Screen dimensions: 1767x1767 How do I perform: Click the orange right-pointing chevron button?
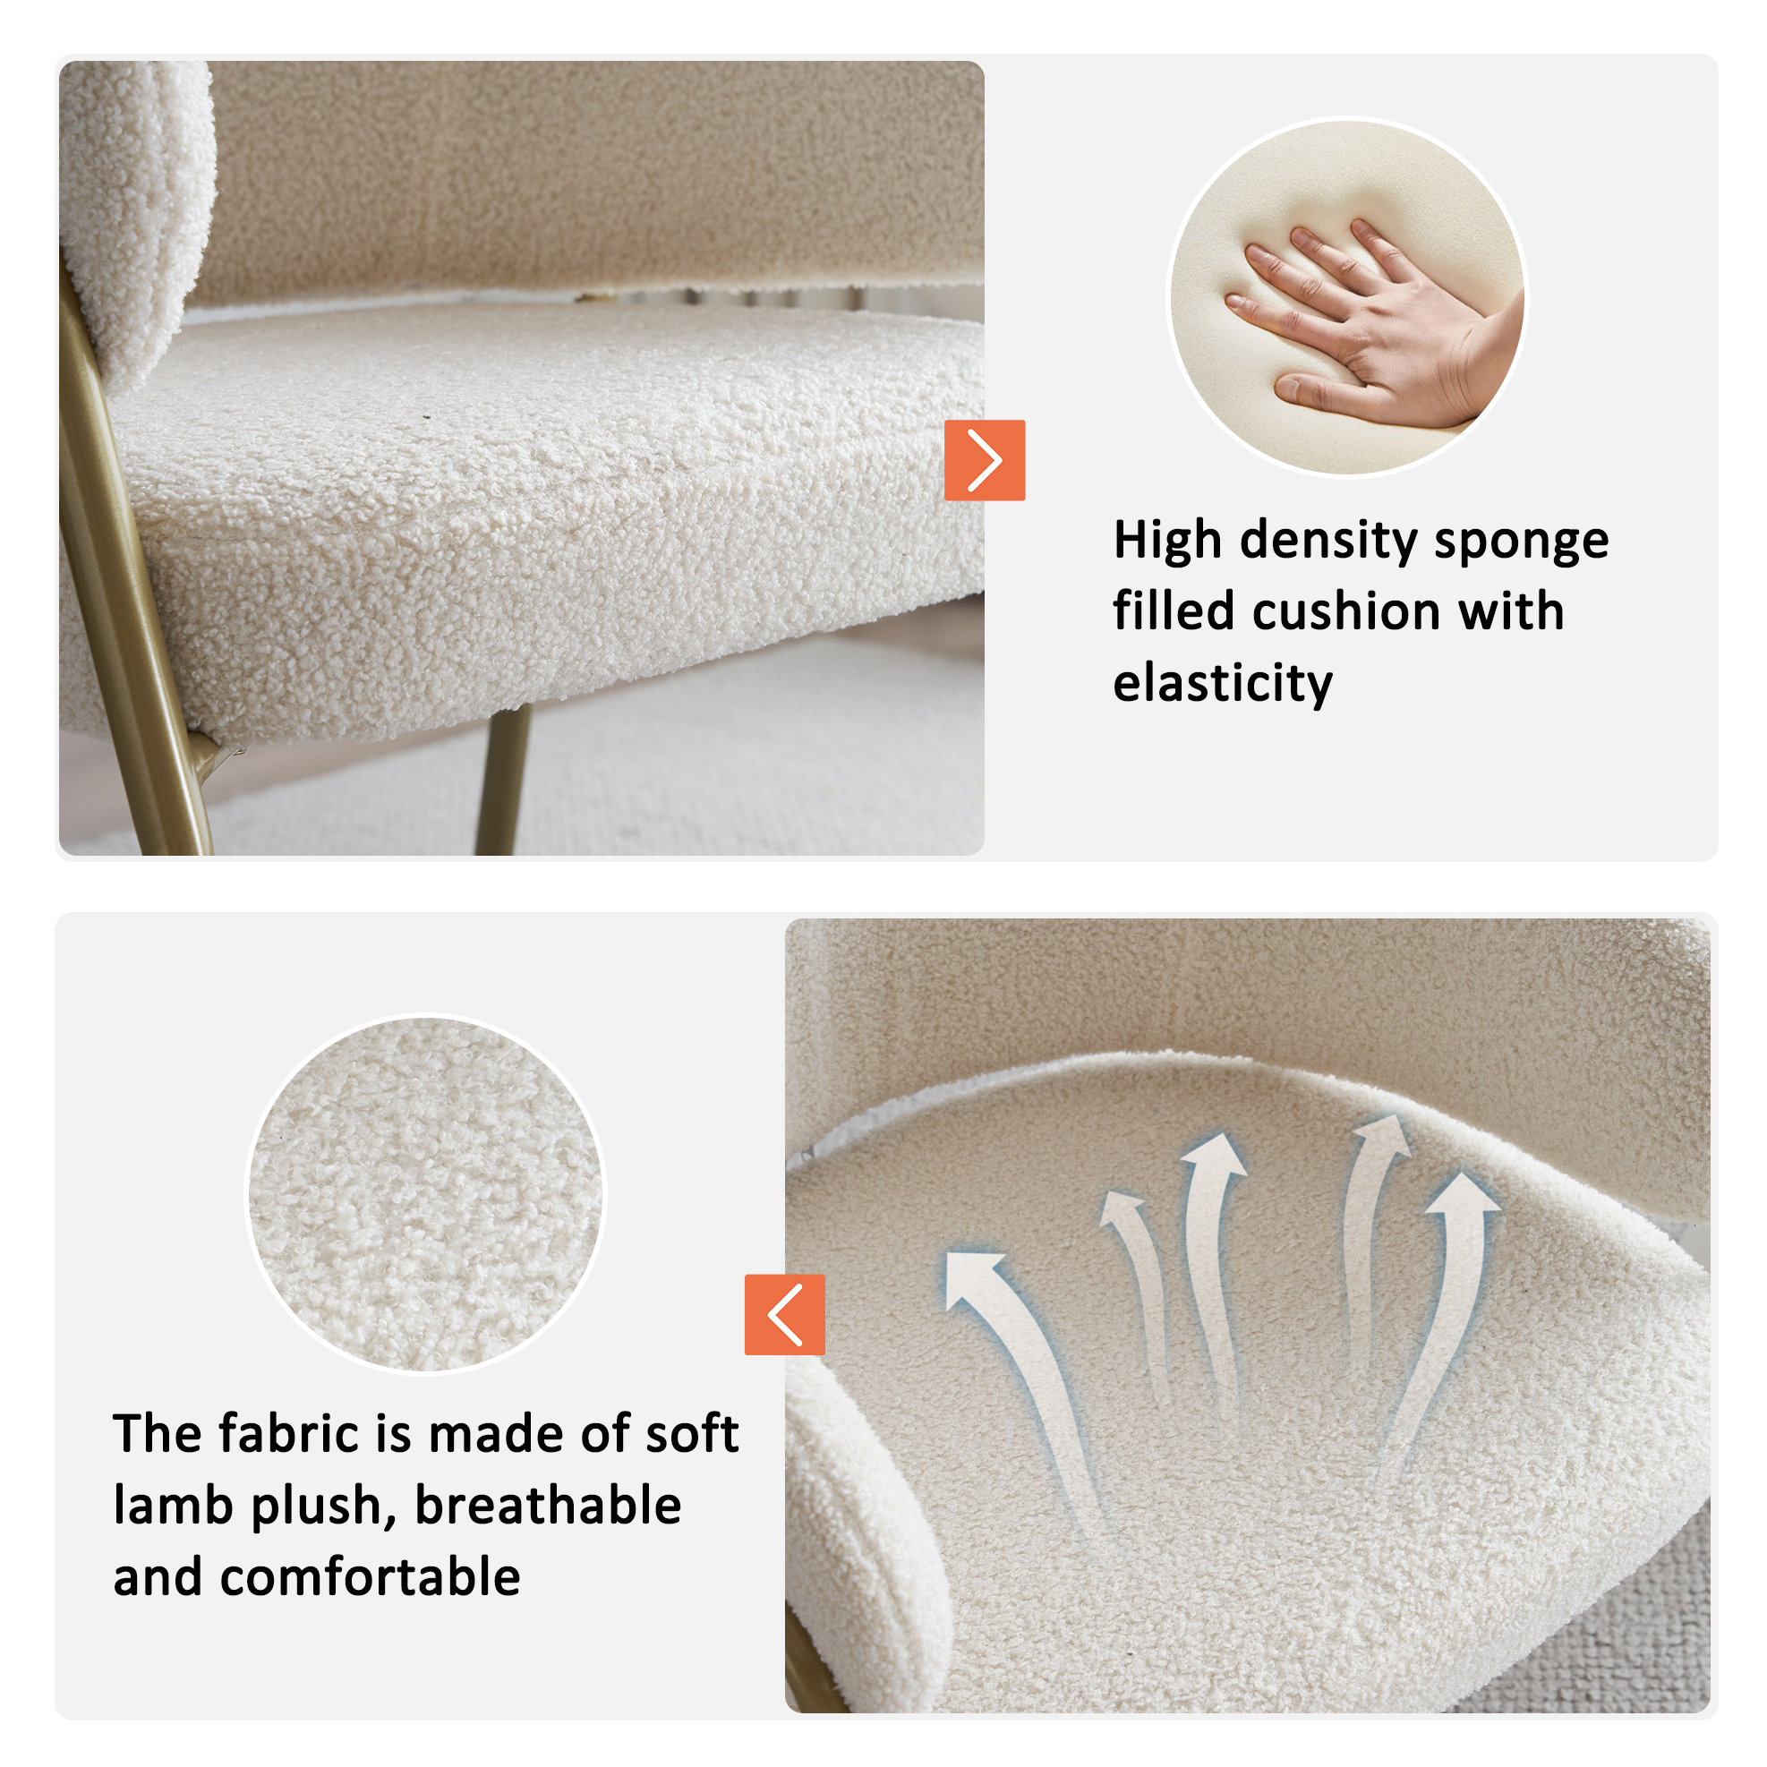pyautogui.click(x=984, y=460)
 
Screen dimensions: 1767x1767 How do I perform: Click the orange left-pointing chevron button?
pyautogui.click(x=785, y=1314)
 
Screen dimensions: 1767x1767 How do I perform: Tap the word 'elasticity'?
pyautogui.click(x=1223, y=683)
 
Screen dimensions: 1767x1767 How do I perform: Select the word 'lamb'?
pyautogui.click(x=173, y=1505)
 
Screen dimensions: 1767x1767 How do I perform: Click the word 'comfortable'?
pyautogui.click(x=371, y=1576)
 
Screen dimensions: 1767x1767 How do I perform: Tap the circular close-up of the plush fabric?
pyautogui.click(x=425, y=1194)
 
